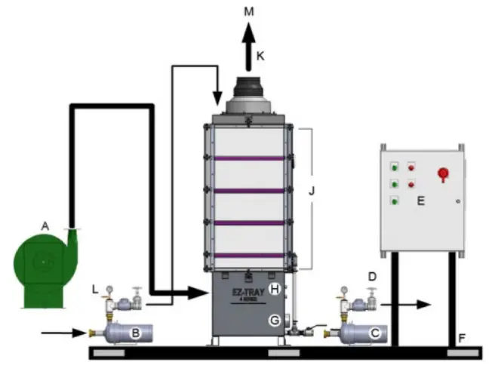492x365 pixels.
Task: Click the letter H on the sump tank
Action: tap(275, 289)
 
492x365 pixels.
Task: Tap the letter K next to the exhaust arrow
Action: tap(260, 56)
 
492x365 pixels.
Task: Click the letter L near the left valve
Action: tap(93, 290)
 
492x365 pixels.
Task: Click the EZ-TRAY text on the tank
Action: tap(248, 288)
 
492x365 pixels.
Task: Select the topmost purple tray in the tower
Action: tap(248, 158)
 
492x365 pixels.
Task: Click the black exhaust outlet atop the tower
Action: tap(248, 93)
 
